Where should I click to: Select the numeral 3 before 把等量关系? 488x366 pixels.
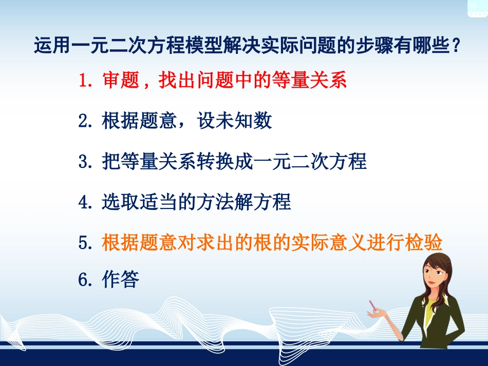pos(84,161)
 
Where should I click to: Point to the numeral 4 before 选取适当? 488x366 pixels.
pos(84,202)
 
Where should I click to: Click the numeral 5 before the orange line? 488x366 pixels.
pos(84,242)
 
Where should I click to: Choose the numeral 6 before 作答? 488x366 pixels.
pos(84,280)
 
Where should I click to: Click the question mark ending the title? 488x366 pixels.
pos(454,46)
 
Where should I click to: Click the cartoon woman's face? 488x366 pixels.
pos(435,275)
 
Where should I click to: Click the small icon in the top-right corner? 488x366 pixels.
pos(477,7)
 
